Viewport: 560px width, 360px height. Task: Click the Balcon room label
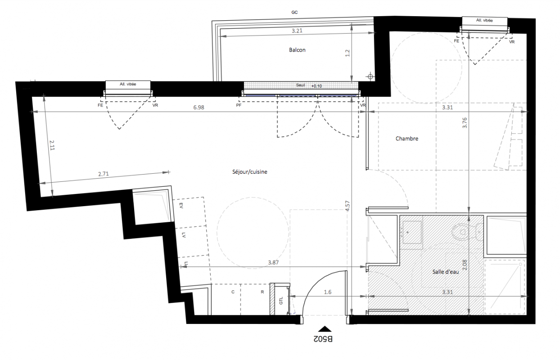[297, 50]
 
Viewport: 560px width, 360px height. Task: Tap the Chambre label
[407, 139]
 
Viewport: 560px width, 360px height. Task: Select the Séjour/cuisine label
[250, 172]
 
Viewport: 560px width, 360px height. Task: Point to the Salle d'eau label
[446, 272]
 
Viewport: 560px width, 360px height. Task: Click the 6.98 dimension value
[199, 108]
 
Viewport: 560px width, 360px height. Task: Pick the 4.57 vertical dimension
[348, 206]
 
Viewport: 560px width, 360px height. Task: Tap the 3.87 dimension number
[273, 262]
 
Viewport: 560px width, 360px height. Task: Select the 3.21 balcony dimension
[297, 31]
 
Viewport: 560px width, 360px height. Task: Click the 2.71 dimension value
[104, 174]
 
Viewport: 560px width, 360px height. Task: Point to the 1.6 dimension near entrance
[328, 292]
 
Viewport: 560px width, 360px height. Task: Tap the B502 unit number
[323, 339]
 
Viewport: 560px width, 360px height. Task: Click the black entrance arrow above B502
[325, 329]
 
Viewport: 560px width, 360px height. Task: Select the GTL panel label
[281, 301]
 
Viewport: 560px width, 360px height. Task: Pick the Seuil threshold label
[300, 85]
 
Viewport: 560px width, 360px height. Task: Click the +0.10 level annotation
[316, 86]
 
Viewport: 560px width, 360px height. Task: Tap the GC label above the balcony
[294, 12]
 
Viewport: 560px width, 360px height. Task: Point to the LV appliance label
[184, 235]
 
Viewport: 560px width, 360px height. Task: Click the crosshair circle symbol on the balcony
[370, 76]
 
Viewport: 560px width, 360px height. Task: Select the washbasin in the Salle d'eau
[411, 232]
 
